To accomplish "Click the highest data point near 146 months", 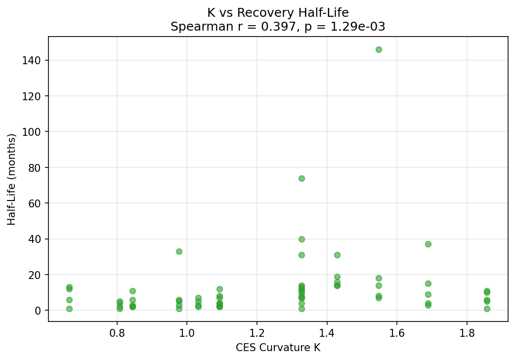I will click(379, 49).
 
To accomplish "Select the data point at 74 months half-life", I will click(301, 178).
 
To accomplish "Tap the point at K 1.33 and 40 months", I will click(301, 239).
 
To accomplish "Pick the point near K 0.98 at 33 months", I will click(179, 251).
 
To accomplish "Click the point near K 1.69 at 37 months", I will click(428, 244).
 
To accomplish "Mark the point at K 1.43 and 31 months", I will click(337, 255).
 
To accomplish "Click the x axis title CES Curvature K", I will click(278, 348).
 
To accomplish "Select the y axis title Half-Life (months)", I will click(12, 179).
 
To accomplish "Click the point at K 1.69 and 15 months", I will click(428, 283).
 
